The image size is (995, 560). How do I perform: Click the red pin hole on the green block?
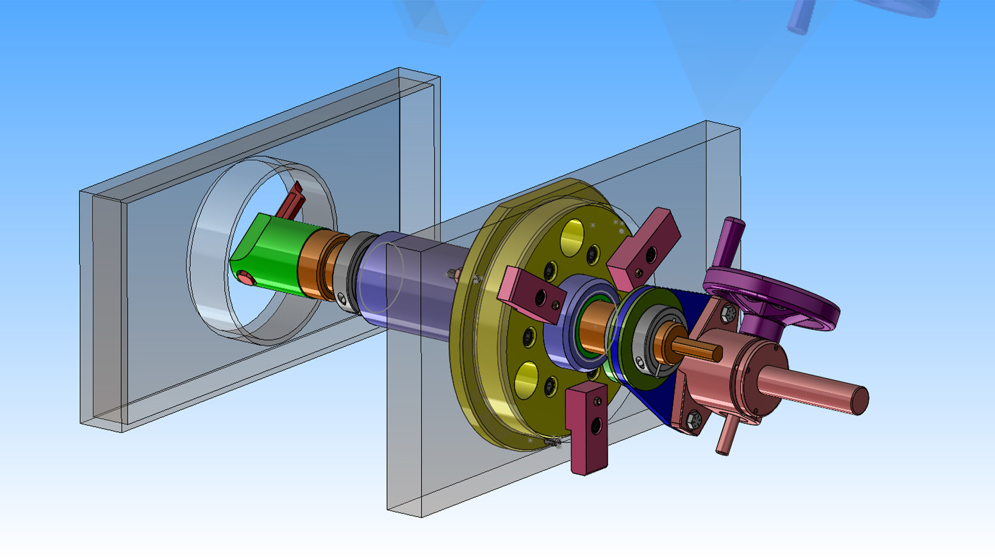(246, 279)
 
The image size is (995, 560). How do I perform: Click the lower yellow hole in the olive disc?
(527, 380)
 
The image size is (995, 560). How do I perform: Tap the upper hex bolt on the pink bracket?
(729, 313)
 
